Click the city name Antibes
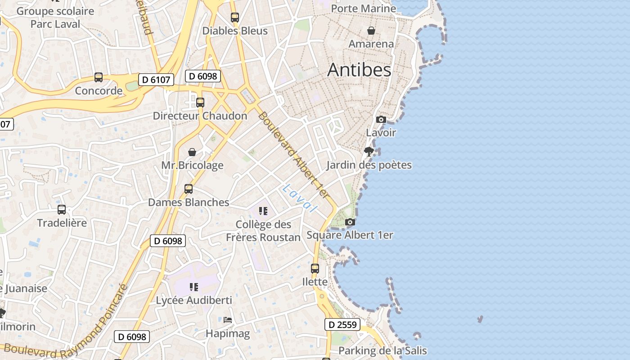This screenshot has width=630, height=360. (359, 70)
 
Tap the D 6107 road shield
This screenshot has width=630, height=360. (156, 80)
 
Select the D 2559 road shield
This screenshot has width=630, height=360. (342, 324)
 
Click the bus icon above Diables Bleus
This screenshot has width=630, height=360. (235, 18)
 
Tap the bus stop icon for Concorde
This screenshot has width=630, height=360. (99, 77)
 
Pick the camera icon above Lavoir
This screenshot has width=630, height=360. (381, 119)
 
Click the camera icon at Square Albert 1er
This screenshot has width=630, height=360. (350, 222)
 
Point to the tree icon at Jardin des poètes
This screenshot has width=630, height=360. (369, 151)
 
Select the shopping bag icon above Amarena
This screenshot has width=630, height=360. (371, 31)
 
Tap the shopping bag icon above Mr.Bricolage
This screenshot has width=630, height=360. (192, 152)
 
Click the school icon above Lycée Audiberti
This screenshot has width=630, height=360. (194, 287)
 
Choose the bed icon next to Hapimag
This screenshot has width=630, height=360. (228, 320)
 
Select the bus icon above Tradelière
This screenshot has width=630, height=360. (62, 209)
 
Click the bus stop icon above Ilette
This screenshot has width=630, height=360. (315, 269)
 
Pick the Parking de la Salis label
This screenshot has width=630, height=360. (382, 351)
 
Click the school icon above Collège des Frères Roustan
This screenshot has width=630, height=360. (263, 211)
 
